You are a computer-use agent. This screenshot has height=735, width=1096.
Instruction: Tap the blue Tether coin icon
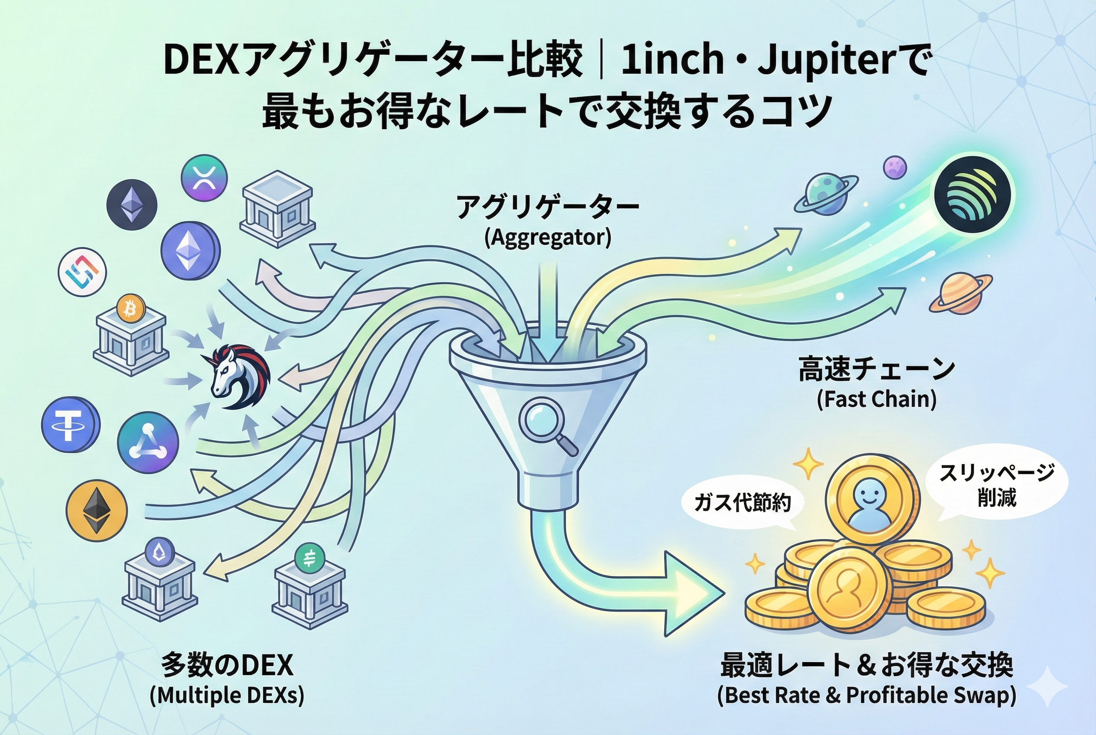pyautogui.click(x=70, y=425)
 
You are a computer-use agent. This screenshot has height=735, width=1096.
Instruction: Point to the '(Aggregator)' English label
pyautogui.click(x=548, y=237)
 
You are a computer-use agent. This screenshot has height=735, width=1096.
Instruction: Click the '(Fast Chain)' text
pyautogui.click(x=877, y=400)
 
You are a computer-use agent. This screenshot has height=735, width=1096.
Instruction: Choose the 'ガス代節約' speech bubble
pyautogui.click(x=743, y=504)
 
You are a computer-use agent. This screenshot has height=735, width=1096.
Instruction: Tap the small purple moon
pyautogui.click(x=895, y=168)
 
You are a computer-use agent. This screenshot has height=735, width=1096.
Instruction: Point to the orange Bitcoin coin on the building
pyautogui.click(x=130, y=309)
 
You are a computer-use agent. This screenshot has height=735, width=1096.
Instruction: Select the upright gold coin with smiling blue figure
pyautogui.click(x=868, y=498)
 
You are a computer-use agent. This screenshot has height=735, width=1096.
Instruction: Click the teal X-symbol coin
pyautogui.click(x=204, y=178)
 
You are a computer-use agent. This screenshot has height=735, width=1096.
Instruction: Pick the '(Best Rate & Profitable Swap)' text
pyautogui.click(x=867, y=695)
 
